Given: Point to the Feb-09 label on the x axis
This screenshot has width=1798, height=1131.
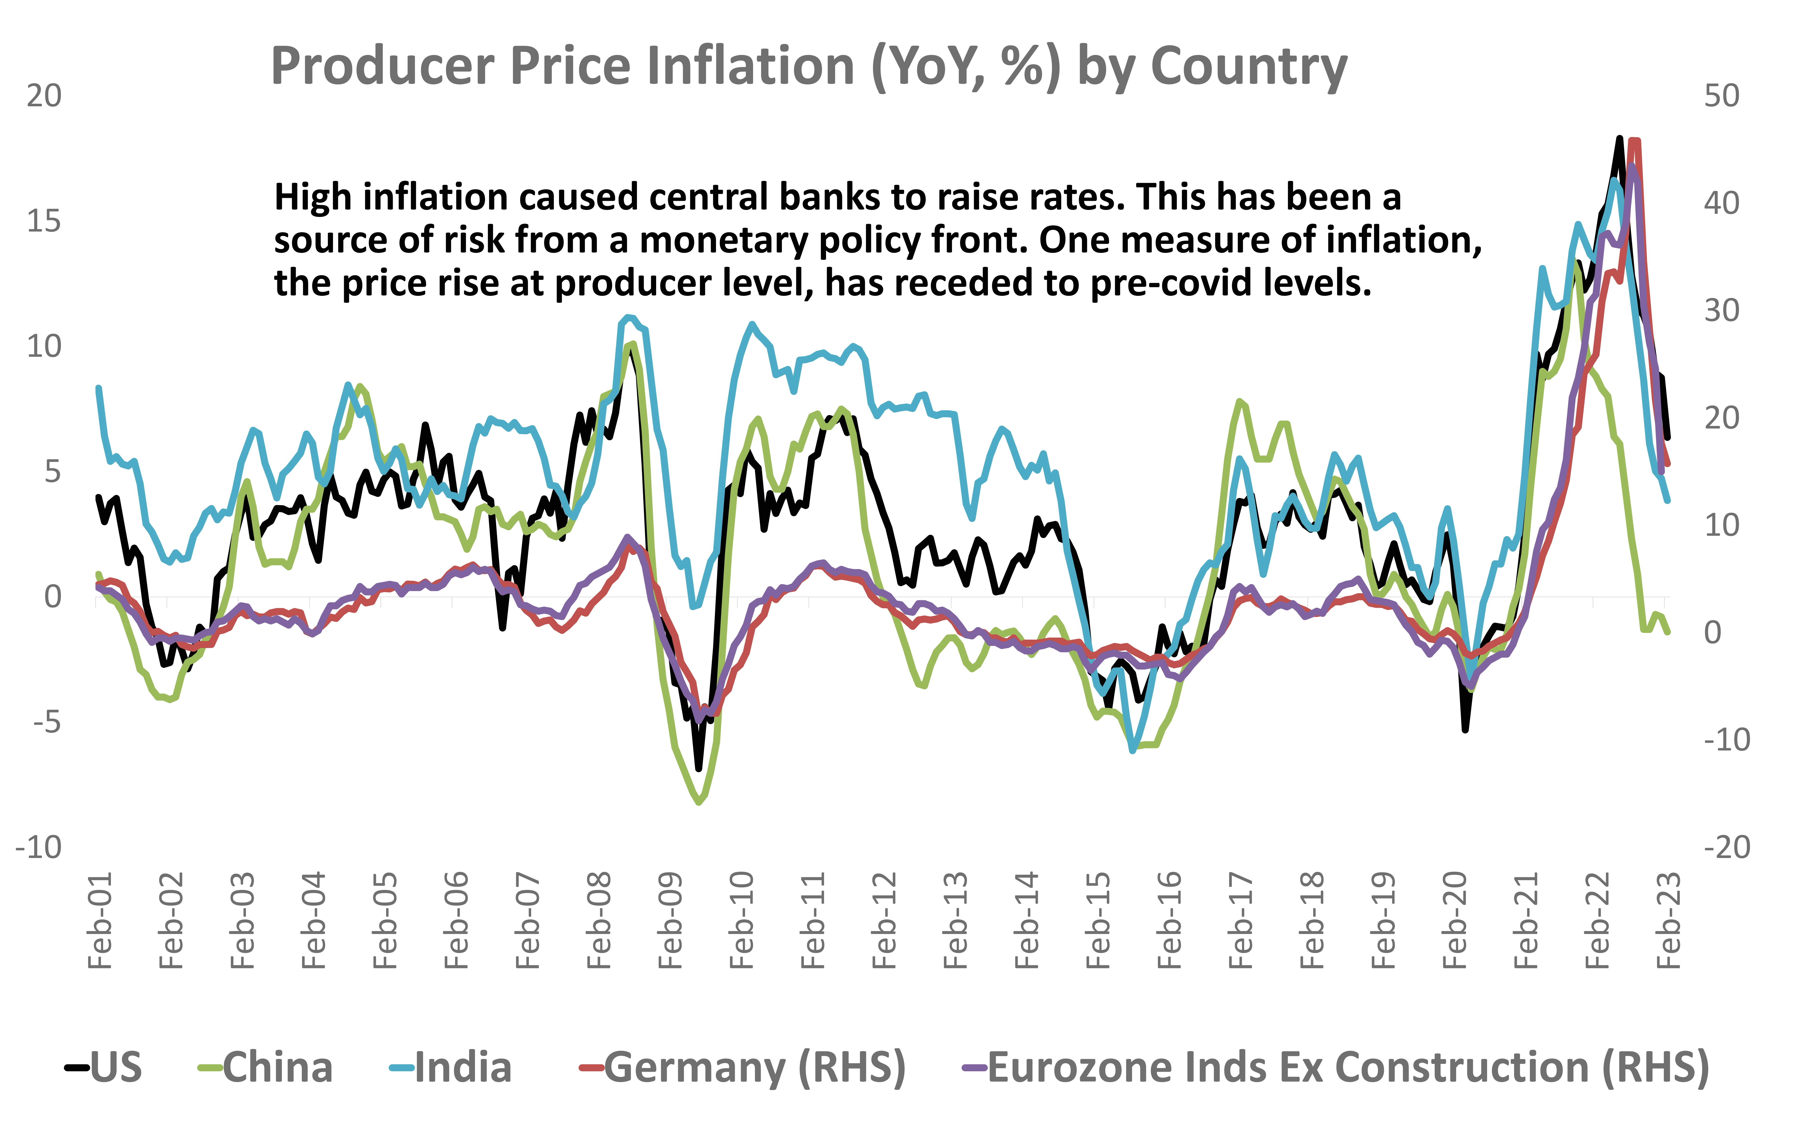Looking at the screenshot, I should [x=671, y=920].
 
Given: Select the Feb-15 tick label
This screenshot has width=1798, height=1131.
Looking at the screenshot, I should [x=1098, y=920].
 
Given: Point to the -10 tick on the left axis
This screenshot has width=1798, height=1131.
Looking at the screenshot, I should [x=39, y=847].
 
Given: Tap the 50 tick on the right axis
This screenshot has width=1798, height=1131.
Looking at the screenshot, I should [x=1721, y=95].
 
